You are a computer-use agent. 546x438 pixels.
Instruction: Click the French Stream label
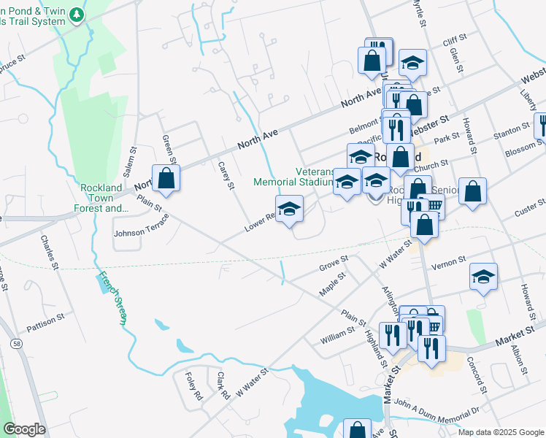point(114,299)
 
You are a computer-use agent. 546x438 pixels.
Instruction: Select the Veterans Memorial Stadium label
point(293,177)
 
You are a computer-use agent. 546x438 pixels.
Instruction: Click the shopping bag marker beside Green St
point(166,178)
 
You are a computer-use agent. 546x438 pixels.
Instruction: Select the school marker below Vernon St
point(483,277)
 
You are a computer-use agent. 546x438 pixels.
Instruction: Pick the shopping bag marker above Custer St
point(473,191)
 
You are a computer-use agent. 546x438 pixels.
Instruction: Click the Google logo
point(23,429)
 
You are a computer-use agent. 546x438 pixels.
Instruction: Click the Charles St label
point(49,252)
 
